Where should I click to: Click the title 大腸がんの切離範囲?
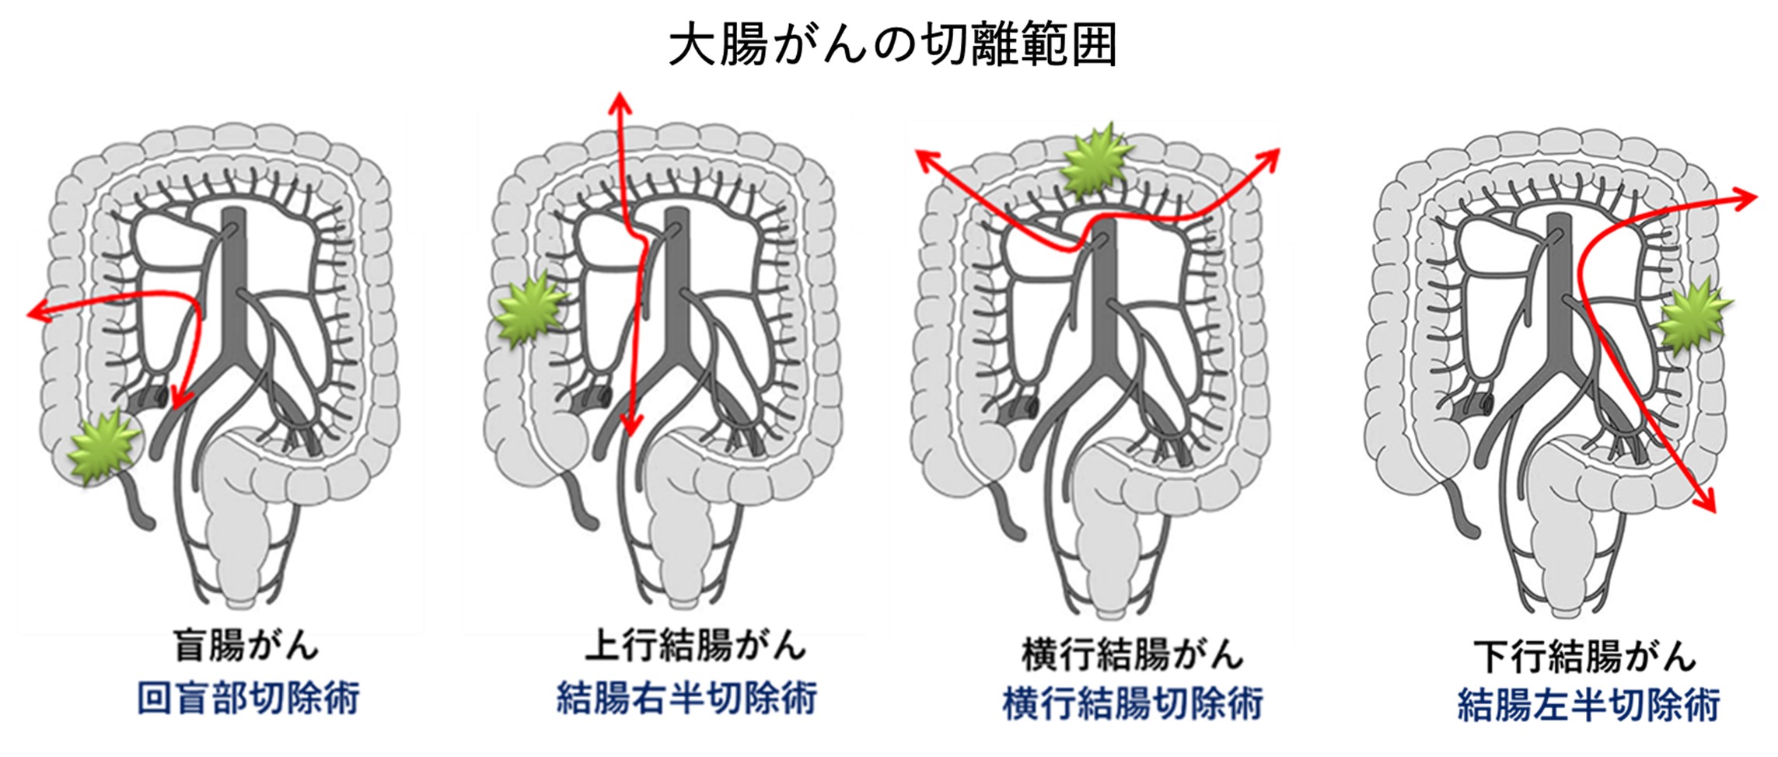(892, 45)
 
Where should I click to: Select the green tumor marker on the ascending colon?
(530, 312)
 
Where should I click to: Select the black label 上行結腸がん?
(695, 647)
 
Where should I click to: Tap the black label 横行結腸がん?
(1131, 654)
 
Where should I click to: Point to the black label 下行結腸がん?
(1584, 657)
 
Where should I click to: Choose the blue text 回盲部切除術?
(248, 699)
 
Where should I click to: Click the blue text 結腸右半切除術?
(686, 699)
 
